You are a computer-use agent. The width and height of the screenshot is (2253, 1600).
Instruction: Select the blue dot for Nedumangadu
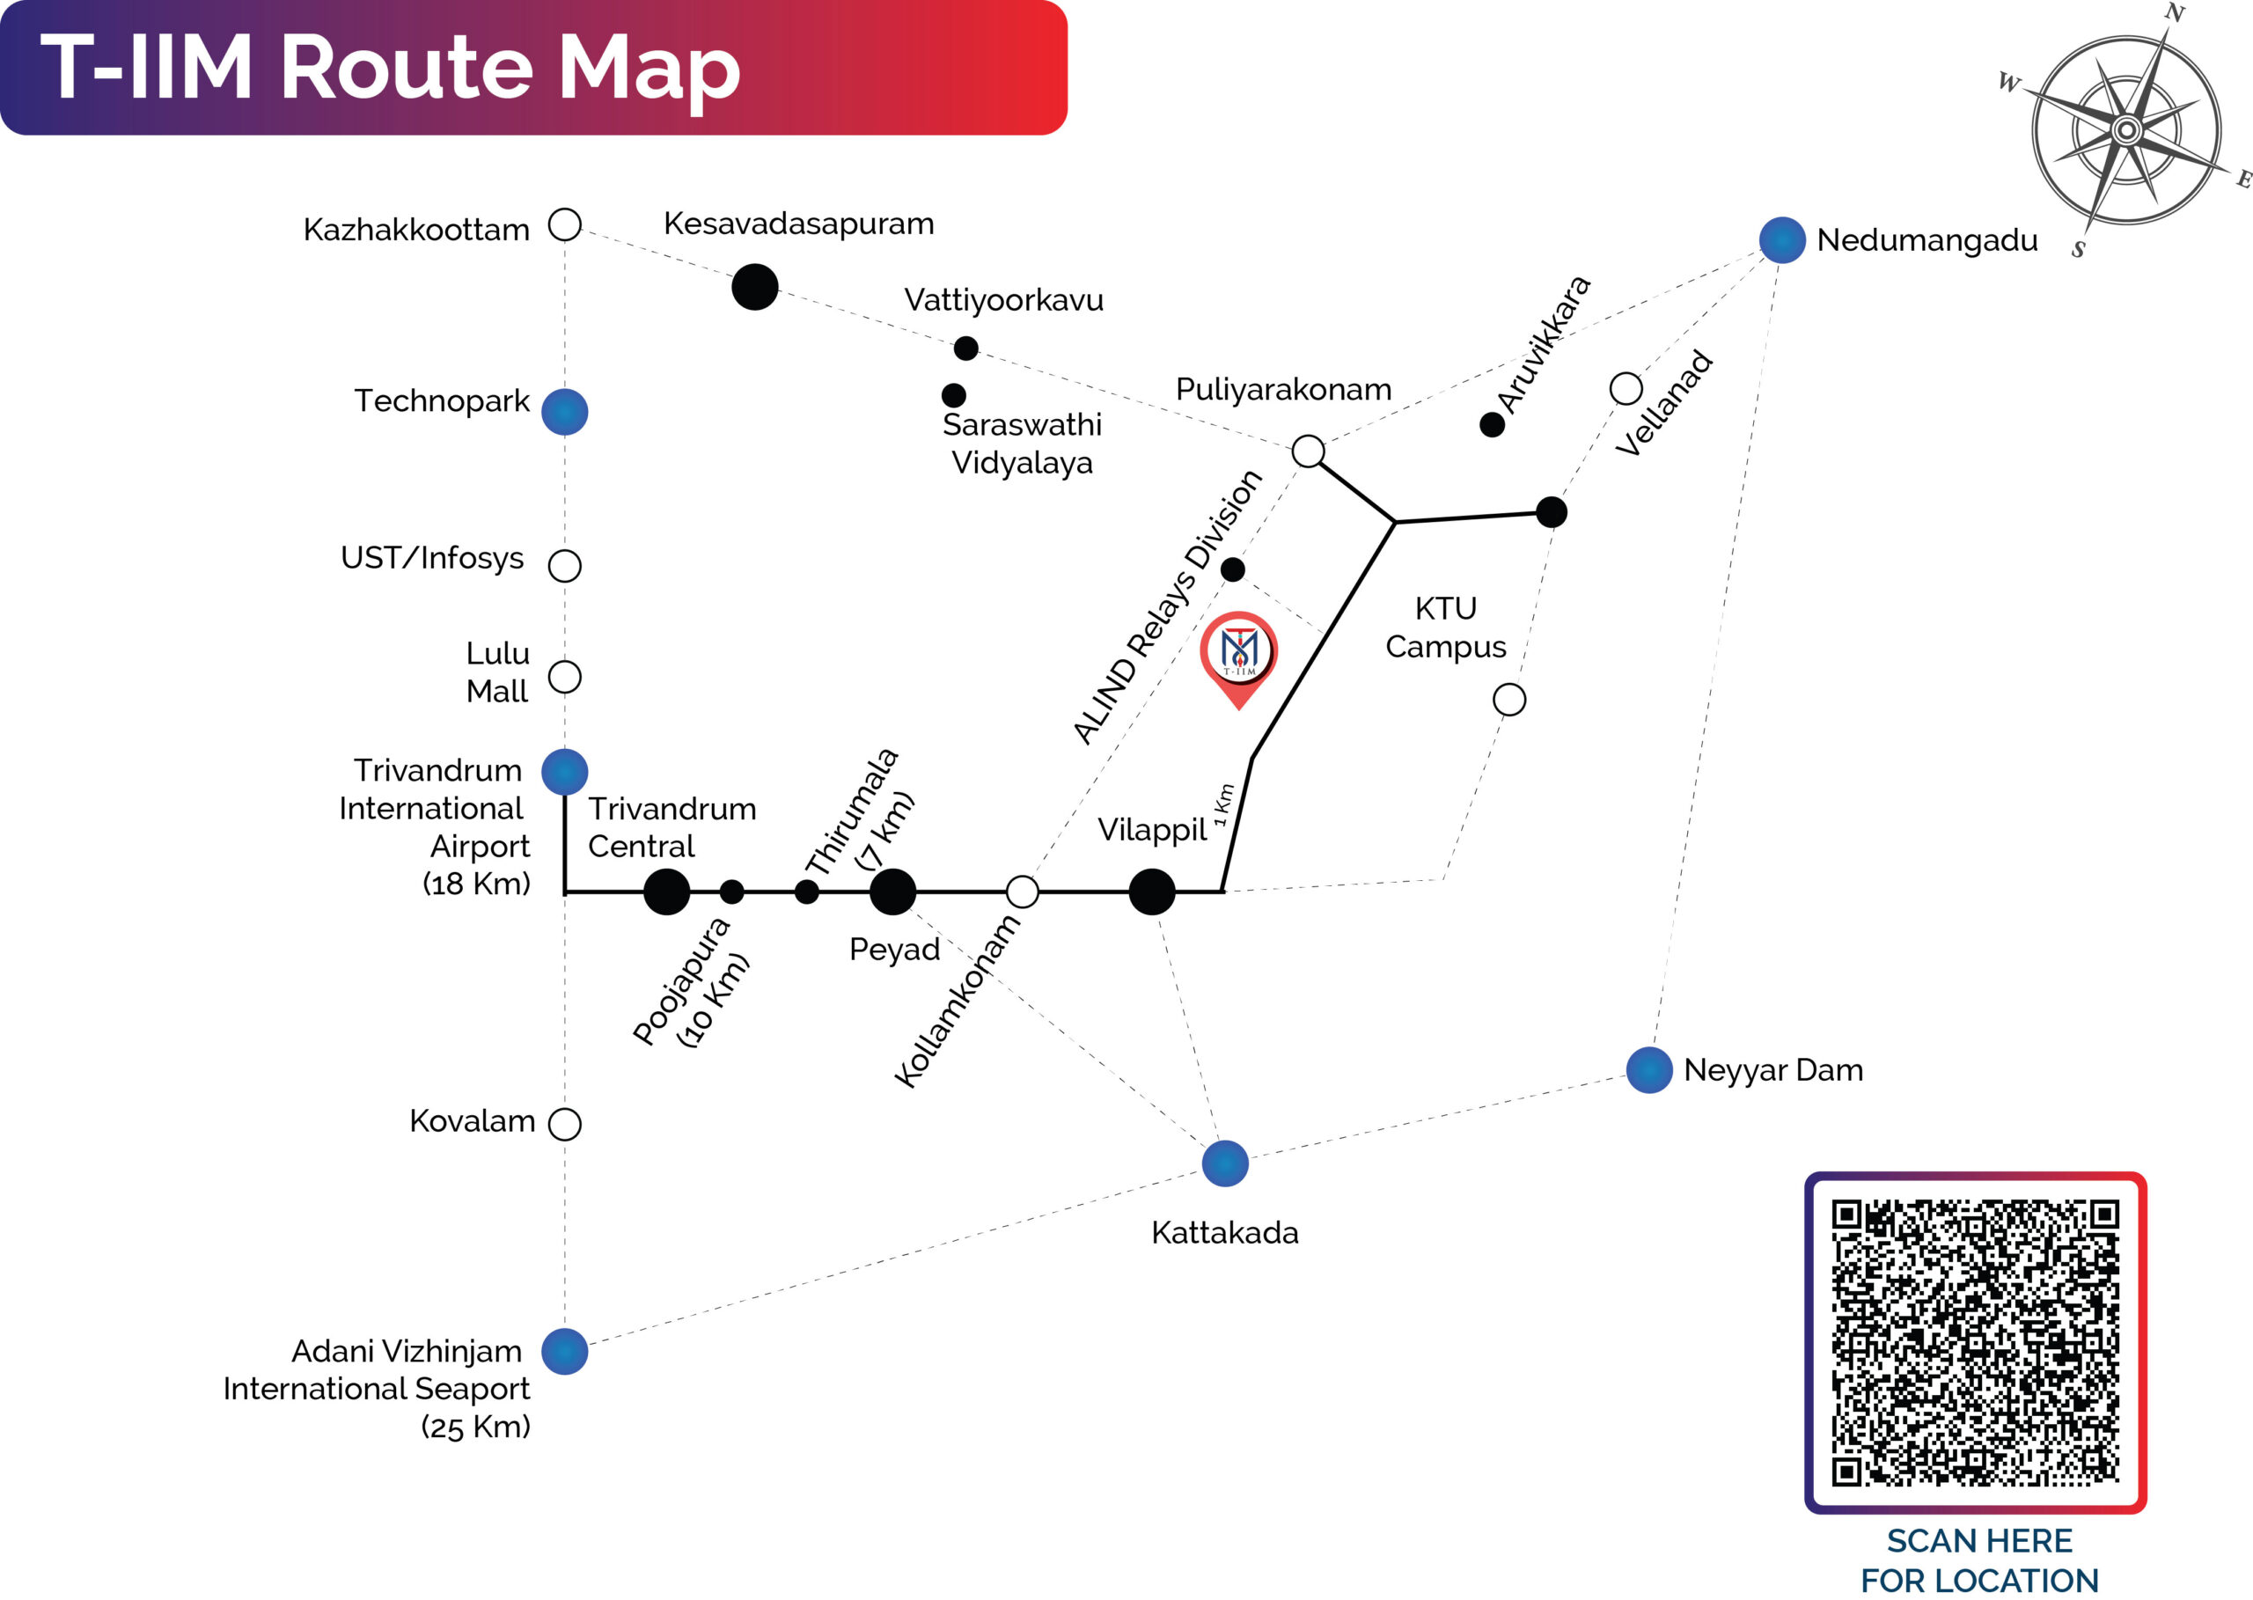(1782, 239)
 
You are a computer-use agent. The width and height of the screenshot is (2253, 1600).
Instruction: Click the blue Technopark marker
(564, 411)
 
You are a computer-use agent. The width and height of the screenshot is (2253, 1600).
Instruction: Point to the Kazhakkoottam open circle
(564, 224)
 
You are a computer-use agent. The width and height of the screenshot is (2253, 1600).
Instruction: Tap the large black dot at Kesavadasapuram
(754, 287)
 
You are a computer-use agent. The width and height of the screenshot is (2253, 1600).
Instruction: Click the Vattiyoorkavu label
(1004, 299)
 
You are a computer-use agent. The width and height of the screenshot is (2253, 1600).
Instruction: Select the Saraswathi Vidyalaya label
(1022, 444)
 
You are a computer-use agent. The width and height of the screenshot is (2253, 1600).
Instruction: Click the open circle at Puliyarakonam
(1309, 451)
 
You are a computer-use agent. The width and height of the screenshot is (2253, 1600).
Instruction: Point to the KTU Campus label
(1445, 628)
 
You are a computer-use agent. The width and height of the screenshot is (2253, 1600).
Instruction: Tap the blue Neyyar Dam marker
(1649, 1070)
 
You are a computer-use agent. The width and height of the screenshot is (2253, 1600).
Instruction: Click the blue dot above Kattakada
(1225, 1163)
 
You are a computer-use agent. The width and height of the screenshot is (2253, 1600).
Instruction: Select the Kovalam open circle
(564, 1123)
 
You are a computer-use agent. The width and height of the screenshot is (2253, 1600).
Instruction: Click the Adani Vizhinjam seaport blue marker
(564, 1351)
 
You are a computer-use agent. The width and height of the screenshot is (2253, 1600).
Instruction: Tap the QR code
(1975, 1342)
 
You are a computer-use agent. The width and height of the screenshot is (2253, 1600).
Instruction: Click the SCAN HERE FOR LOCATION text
(1979, 1560)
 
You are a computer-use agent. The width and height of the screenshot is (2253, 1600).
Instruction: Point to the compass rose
(2127, 129)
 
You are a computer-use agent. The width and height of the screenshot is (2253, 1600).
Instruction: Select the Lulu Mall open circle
(564, 677)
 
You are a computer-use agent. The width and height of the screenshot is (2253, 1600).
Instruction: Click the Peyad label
(894, 950)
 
